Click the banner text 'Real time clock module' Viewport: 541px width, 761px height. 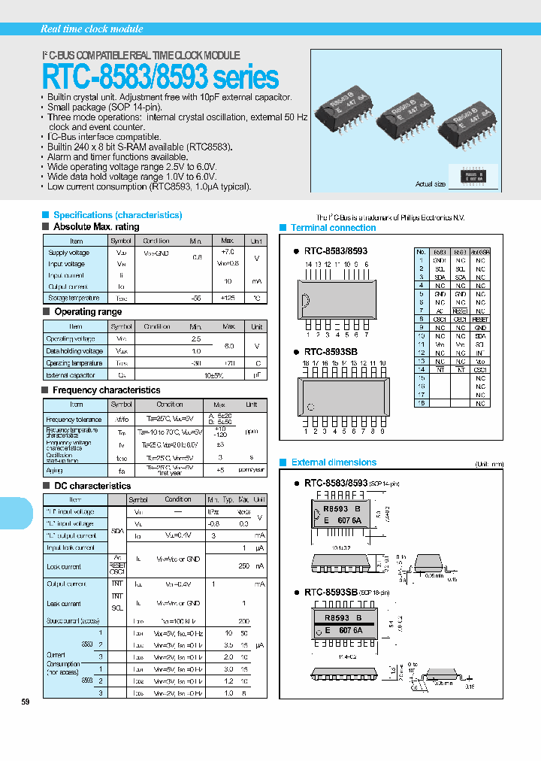click(91, 29)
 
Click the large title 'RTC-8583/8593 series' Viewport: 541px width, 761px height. click(160, 77)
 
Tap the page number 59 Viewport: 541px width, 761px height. click(26, 702)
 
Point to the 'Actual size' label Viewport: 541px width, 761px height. click(430, 184)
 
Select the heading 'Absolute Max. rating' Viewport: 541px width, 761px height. click(96, 226)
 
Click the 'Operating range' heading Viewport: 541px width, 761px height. click(88, 311)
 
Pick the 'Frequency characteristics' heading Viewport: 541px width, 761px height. click(106, 390)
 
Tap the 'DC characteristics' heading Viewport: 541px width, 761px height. click(92, 487)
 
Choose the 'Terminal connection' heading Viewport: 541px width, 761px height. click(333, 228)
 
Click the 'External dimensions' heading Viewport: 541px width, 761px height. click(334, 462)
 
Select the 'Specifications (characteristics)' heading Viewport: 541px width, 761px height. click(117, 215)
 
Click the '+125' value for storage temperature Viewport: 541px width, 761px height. click(228, 298)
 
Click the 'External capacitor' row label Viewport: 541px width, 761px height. click(71, 374)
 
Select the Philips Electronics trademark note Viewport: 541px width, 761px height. click(390, 217)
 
